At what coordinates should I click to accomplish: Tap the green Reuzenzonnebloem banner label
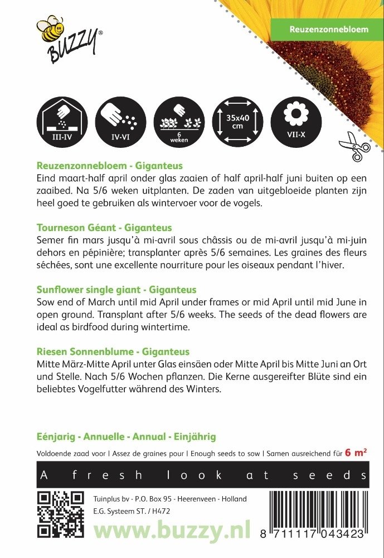(x=328, y=29)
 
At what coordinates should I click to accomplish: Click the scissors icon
(x=354, y=146)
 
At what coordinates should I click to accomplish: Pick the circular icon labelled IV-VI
(x=121, y=121)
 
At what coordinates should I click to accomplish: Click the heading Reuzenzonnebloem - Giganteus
(x=109, y=166)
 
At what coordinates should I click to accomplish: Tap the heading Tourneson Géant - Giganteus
(x=104, y=228)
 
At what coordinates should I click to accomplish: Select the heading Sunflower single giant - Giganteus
(x=116, y=290)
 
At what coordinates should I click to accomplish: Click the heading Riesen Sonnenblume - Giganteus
(x=113, y=352)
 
